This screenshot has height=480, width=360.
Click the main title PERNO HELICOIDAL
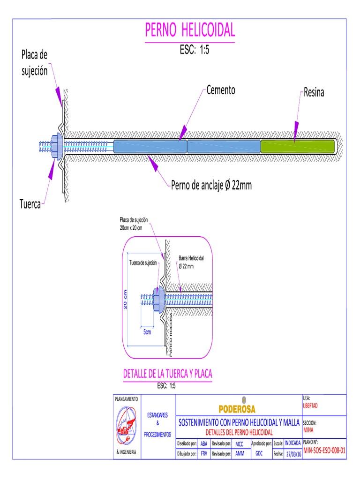[189, 30]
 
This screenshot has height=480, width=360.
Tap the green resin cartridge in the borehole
[298, 146]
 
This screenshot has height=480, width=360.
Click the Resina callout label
[314, 93]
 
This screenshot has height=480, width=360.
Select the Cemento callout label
[221, 90]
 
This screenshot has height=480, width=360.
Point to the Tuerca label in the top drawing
[30, 204]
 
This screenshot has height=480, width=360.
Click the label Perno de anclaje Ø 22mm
[211, 185]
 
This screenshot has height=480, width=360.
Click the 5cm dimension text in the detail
[147, 332]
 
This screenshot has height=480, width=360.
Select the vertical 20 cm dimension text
[125, 299]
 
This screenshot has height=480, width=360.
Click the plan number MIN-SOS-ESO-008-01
[324, 450]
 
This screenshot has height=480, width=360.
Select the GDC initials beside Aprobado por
[259, 453]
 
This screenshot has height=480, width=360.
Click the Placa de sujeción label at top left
[34, 63]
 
